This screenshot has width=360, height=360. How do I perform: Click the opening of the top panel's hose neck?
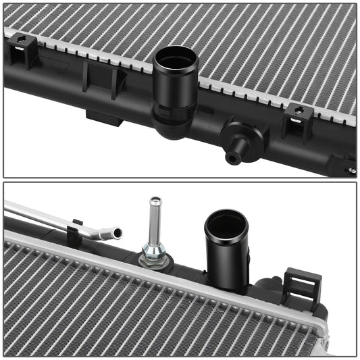pyautogui.click(x=176, y=57)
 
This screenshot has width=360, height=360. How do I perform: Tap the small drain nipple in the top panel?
pyautogui.click(x=233, y=158)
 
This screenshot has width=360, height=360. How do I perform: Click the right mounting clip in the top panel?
pyautogui.click(x=298, y=120)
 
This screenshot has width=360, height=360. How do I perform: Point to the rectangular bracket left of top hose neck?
pyautogui.click(x=104, y=79)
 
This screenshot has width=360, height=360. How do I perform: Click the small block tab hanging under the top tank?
pyautogui.click(x=104, y=118)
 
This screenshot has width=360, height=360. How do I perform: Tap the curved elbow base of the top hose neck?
pyautogui.click(x=169, y=124)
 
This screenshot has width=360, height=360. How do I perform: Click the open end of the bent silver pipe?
pyautogui.click(x=118, y=233)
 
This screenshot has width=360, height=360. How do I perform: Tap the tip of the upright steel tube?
pyautogui.click(x=155, y=201)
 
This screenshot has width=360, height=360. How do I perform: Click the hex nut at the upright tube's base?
pyautogui.click(x=155, y=259)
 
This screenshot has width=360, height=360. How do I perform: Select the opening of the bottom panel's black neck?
pyautogui.click(x=226, y=224)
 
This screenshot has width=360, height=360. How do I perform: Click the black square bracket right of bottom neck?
pyautogui.click(x=301, y=284)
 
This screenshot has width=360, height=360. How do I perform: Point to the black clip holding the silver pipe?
pyautogui.click(x=74, y=233)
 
